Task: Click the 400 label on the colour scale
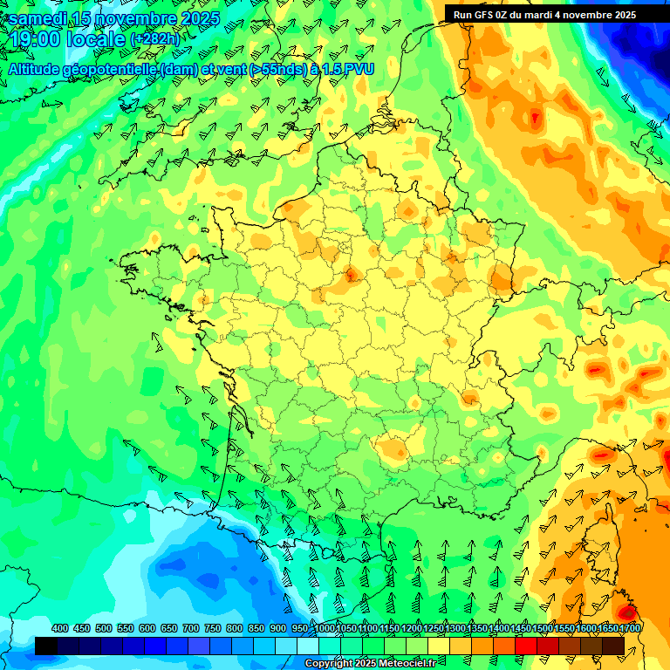[x=60, y=629]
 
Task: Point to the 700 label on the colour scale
[x=191, y=629]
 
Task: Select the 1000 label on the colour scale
[x=325, y=629]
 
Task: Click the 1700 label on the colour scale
[x=629, y=629]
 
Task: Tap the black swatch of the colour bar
[x=46, y=646]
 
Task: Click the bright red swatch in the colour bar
[x=526, y=646]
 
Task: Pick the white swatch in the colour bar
[x=308, y=646]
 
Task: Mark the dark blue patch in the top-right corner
[x=641, y=35]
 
